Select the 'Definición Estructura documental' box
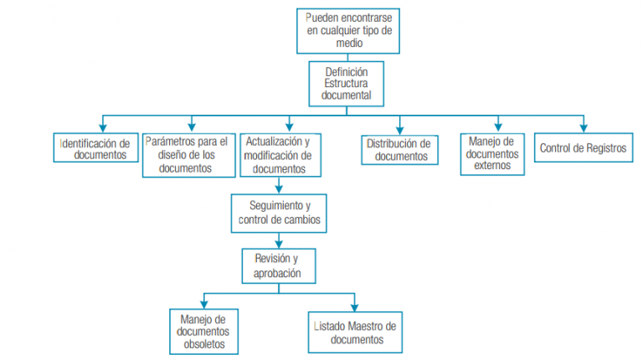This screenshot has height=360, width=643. (x=346, y=84)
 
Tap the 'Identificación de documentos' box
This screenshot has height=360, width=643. (x=95, y=148)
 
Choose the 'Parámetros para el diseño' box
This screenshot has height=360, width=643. (x=188, y=155)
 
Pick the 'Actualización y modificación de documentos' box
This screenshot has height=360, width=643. (x=279, y=155)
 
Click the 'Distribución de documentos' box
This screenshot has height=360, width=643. (x=400, y=149)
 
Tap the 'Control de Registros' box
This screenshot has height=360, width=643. (x=583, y=148)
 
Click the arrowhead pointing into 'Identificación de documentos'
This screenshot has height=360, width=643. (x=102, y=126)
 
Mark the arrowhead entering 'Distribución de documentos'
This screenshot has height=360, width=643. (x=399, y=128)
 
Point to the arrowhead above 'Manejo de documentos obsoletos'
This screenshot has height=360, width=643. (x=203, y=304)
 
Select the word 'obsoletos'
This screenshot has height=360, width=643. (x=204, y=343)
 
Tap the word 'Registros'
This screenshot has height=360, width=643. (x=605, y=148)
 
